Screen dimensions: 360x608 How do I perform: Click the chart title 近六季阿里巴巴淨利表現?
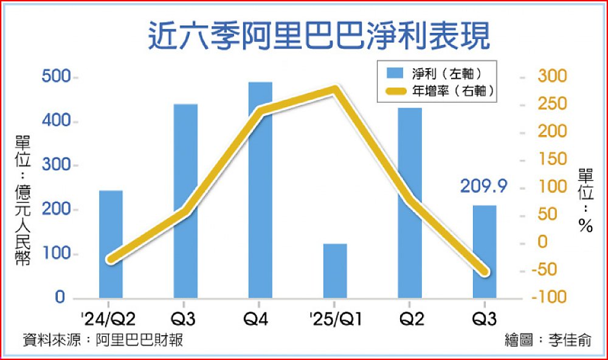click(319, 36)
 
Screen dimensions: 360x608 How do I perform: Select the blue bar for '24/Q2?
click(111, 244)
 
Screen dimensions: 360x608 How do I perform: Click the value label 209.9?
click(484, 185)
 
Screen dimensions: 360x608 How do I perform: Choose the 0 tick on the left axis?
click(60, 298)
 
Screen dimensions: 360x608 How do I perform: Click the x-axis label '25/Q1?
click(335, 318)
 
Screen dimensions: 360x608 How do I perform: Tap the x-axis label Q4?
click(260, 318)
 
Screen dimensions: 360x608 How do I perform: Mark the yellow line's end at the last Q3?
click(485, 272)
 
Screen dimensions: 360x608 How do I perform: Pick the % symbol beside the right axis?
click(585, 227)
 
